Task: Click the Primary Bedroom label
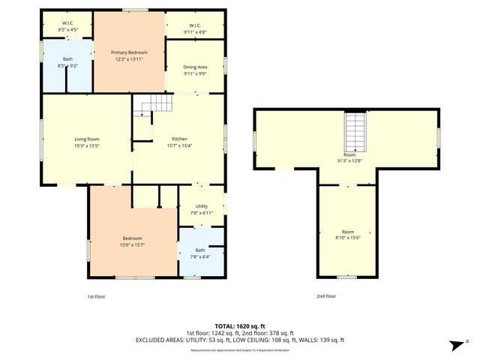click(129, 52)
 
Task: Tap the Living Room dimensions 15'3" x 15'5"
click(87, 146)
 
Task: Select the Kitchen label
click(179, 139)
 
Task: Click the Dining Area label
click(195, 67)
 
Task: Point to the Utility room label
click(202, 205)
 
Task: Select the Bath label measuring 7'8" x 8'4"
click(200, 250)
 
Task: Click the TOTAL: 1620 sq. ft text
click(240, 326)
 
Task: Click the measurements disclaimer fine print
click(240, 350)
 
